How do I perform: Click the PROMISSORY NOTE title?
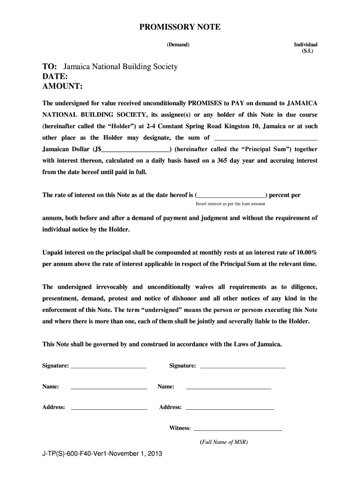click(180, 28)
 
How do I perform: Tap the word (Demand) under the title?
click(178, 44)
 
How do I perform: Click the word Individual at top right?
click(305, 44)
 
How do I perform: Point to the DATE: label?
click(55, 77)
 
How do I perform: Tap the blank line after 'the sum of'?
click(265, 138)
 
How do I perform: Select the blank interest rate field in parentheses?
click(231, 196)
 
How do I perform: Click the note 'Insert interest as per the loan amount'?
click(230, 204)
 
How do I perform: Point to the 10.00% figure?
click(307, 252)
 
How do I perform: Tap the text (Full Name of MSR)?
click(223, 442)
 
